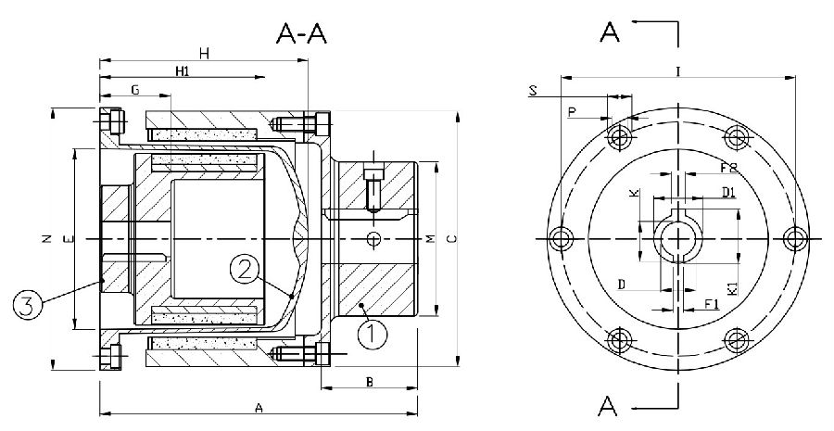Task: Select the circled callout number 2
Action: pos(243,269)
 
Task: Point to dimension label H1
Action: pos(183,71)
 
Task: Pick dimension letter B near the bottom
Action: pos(369,381)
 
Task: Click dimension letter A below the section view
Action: pos(259,407)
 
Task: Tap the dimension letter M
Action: pos(430,239)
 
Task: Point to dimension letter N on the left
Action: pos(46,239)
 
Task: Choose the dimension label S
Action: pos(532,90)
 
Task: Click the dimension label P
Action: pos(571,112)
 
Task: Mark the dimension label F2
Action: pos(728,168)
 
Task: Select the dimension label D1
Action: pos(728,192)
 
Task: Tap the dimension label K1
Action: pos(732,287)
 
